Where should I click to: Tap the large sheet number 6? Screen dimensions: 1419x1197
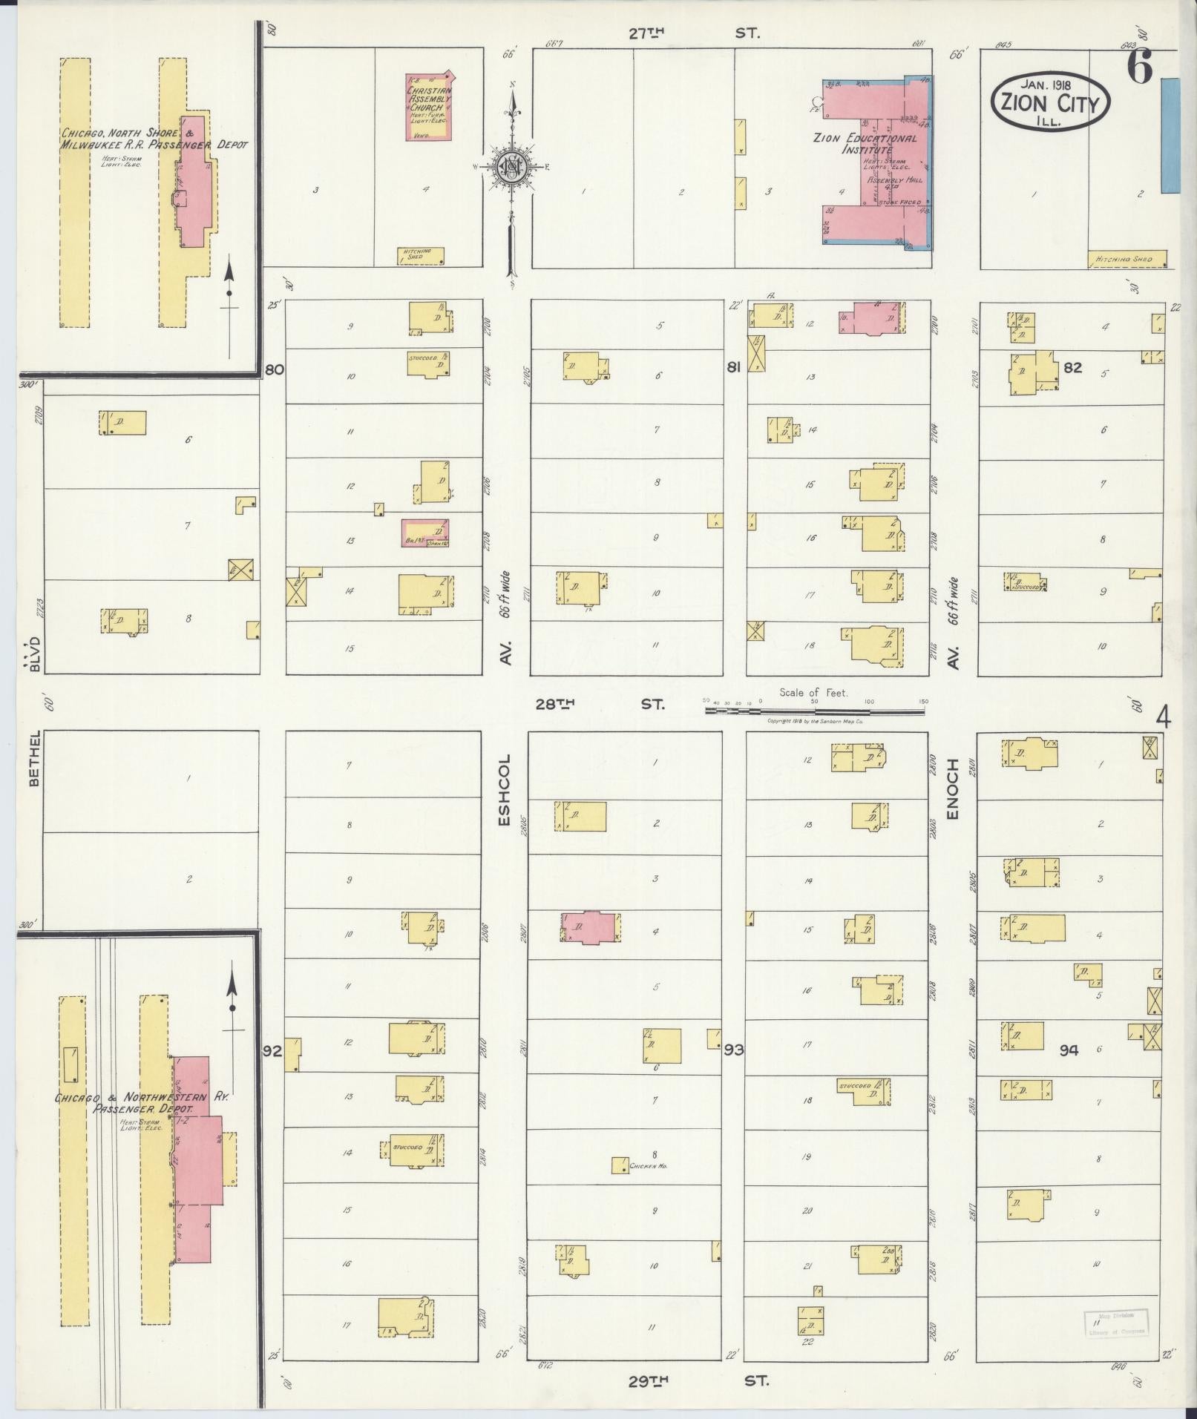[1139, 68]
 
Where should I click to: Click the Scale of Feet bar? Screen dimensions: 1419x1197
[815, 710]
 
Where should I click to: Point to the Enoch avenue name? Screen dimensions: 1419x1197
[953, 789]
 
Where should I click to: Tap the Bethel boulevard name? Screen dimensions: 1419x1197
[32, 757]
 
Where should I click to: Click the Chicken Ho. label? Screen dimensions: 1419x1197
[649, 1167]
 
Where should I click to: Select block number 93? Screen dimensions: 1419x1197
[734, 1050]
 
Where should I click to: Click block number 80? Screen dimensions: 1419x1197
[275, 369]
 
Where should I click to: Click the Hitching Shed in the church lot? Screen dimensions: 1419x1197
[421, 256]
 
